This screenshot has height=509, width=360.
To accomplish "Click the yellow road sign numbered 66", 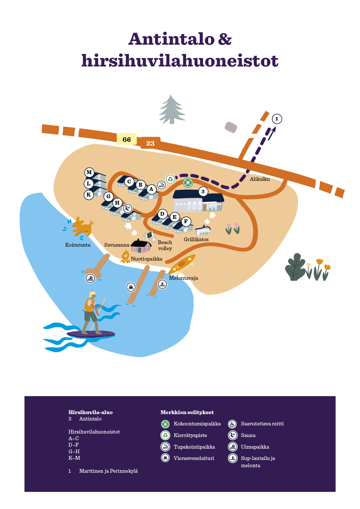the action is tap(127, 139).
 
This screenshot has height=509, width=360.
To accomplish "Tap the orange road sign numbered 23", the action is tap(150, 143).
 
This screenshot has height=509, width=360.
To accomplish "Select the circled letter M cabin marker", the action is tap(89, 172).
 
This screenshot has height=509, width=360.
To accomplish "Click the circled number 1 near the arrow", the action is tap(277, 119).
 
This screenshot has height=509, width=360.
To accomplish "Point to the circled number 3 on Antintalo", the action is tap(203, 191).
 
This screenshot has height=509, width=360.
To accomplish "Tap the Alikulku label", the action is tap(260, 179).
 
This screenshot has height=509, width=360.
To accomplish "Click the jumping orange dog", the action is tap(82, 227).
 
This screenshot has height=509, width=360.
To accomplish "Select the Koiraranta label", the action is tap(78, 245).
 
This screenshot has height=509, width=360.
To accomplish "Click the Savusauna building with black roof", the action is tap(141, 246).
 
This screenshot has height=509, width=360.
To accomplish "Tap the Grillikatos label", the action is tap(196, 239).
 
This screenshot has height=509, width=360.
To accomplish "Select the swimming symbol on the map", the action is tap(91, 278).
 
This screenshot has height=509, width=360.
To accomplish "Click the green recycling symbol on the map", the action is tap(170, 179).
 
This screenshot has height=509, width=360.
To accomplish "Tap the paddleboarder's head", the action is tap(92, 295).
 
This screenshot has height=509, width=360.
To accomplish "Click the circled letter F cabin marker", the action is tap(186, 221).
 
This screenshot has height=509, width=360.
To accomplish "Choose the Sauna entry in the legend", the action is tap(248, 435).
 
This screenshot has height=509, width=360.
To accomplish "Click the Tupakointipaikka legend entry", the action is tap(194, 447).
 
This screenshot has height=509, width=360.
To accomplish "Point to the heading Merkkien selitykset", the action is tap(187, 412).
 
